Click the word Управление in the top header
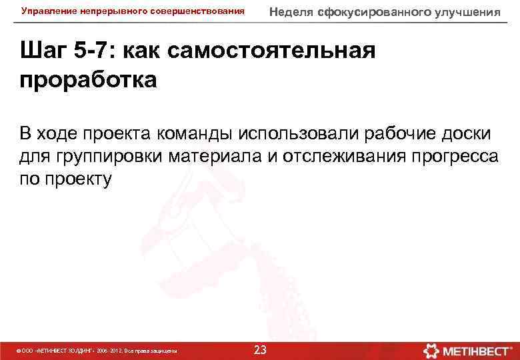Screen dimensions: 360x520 pos(47,11)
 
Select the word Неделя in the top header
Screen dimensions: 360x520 pos(291,11)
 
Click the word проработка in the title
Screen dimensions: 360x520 pos(89,80)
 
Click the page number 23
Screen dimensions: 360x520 pos(260,350)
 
